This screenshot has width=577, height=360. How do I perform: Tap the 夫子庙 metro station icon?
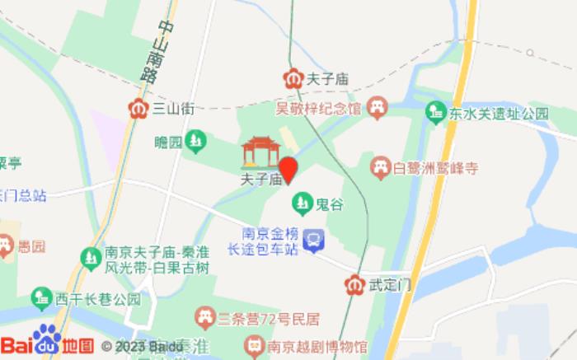(x=293, y=79)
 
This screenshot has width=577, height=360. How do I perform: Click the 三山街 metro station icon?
(x=138, y=108)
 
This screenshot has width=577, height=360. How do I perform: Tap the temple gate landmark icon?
(x=260, y=151)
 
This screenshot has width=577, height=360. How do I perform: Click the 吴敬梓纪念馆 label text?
(x=318, y=108)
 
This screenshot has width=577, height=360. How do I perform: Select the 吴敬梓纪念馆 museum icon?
(x=378, y=106)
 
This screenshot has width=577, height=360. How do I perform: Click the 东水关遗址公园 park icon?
(x=435, y=111)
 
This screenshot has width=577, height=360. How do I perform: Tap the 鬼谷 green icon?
(x=303, y=202)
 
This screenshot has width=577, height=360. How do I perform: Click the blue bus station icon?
(x=314, y=241)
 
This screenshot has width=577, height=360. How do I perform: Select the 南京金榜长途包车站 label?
(x=269, y=241)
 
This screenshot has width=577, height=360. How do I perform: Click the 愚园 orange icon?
(x=6, y=245)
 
